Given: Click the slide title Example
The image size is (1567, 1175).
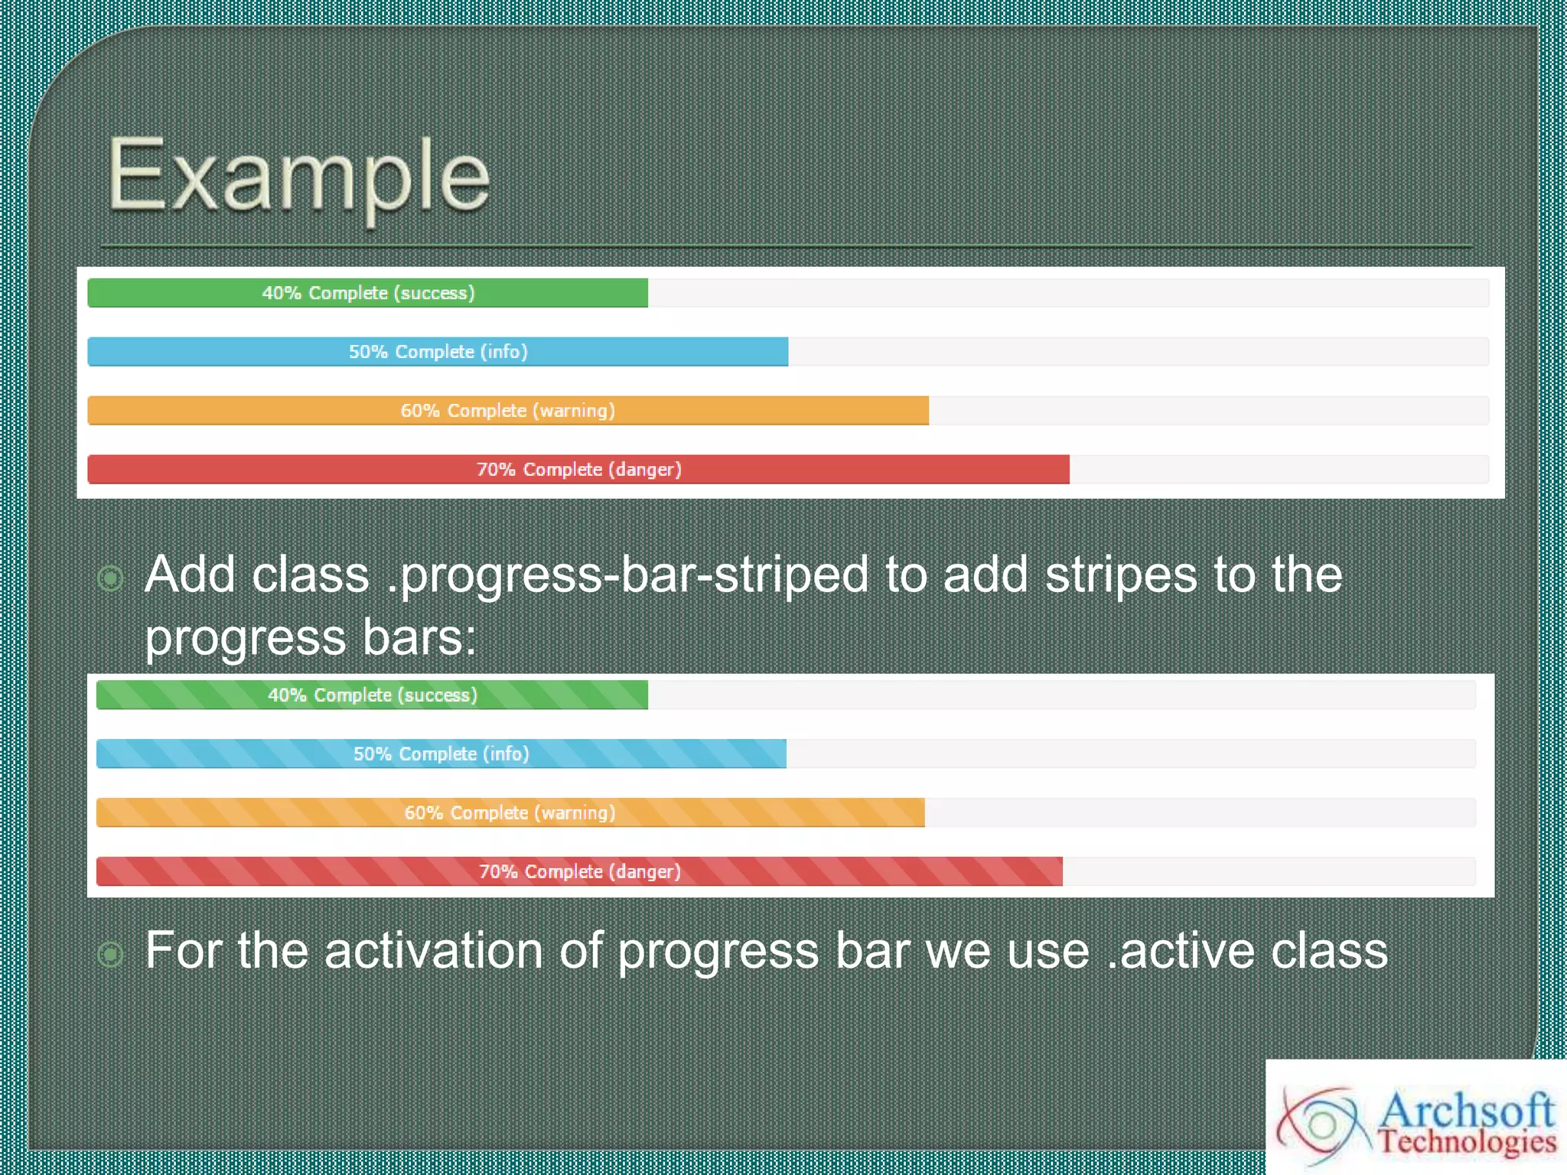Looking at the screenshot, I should tap(298, 176).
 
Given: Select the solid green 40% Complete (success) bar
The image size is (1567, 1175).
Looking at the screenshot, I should tap(367, 293).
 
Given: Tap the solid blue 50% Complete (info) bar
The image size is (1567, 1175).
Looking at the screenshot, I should tap(438, 352).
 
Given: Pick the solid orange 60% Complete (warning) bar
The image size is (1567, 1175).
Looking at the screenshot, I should tap(508, 411).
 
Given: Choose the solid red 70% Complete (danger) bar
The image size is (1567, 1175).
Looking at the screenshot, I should tap(578, 470).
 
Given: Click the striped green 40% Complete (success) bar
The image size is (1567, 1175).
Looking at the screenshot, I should tap(372, 695).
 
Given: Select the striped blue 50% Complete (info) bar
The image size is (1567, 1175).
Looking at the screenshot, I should tap(441, 754).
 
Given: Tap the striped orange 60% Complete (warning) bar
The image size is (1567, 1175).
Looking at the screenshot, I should tap(510, 813).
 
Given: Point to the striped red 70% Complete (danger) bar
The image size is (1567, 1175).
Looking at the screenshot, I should tap(579, 872).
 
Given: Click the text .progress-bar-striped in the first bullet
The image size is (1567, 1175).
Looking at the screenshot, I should tap(627, 575).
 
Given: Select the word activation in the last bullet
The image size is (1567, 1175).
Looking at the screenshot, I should tap(433, 951).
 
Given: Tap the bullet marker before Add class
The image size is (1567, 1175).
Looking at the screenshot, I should tap(111, 578).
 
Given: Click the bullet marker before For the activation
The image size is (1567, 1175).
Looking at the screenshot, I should tap(111, 954).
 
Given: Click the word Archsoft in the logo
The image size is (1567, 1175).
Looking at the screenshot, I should tap(1467, 1109).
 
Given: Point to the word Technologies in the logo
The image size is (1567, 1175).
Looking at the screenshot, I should tap(1467, 1142).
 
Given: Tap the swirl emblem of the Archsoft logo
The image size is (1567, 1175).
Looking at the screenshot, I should tap(1322, 1125).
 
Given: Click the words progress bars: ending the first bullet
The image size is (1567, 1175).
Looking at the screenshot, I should tap(311, 638).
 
